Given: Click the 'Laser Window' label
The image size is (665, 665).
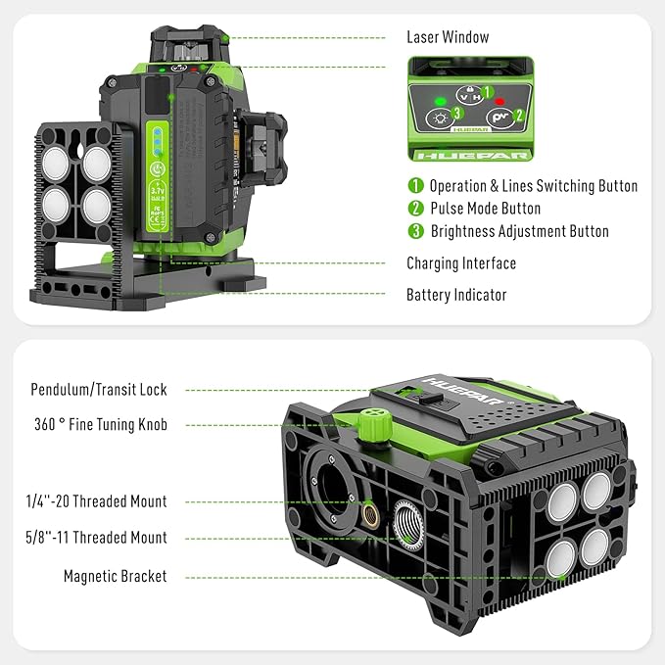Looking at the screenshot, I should (448, 37).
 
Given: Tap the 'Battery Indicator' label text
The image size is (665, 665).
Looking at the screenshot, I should (456, 294).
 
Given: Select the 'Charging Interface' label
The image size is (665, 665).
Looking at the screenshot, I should (461, 263).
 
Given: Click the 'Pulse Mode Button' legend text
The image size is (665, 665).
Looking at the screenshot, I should (485, 209).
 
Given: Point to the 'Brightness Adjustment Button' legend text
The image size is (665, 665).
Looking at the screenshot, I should (519, 232).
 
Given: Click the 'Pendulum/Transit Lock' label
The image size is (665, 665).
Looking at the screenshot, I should (98, 390).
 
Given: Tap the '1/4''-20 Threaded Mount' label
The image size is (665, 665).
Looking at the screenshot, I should (96, 501).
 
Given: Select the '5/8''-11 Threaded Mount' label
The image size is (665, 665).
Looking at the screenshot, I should (96, 538).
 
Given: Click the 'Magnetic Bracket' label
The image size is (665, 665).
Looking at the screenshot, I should (116, 577).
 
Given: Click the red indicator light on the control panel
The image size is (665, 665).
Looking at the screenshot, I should (499, 100).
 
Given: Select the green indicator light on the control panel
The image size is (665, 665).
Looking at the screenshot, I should (442, 100).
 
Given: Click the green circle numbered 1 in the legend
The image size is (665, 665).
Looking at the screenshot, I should (415, 186).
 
